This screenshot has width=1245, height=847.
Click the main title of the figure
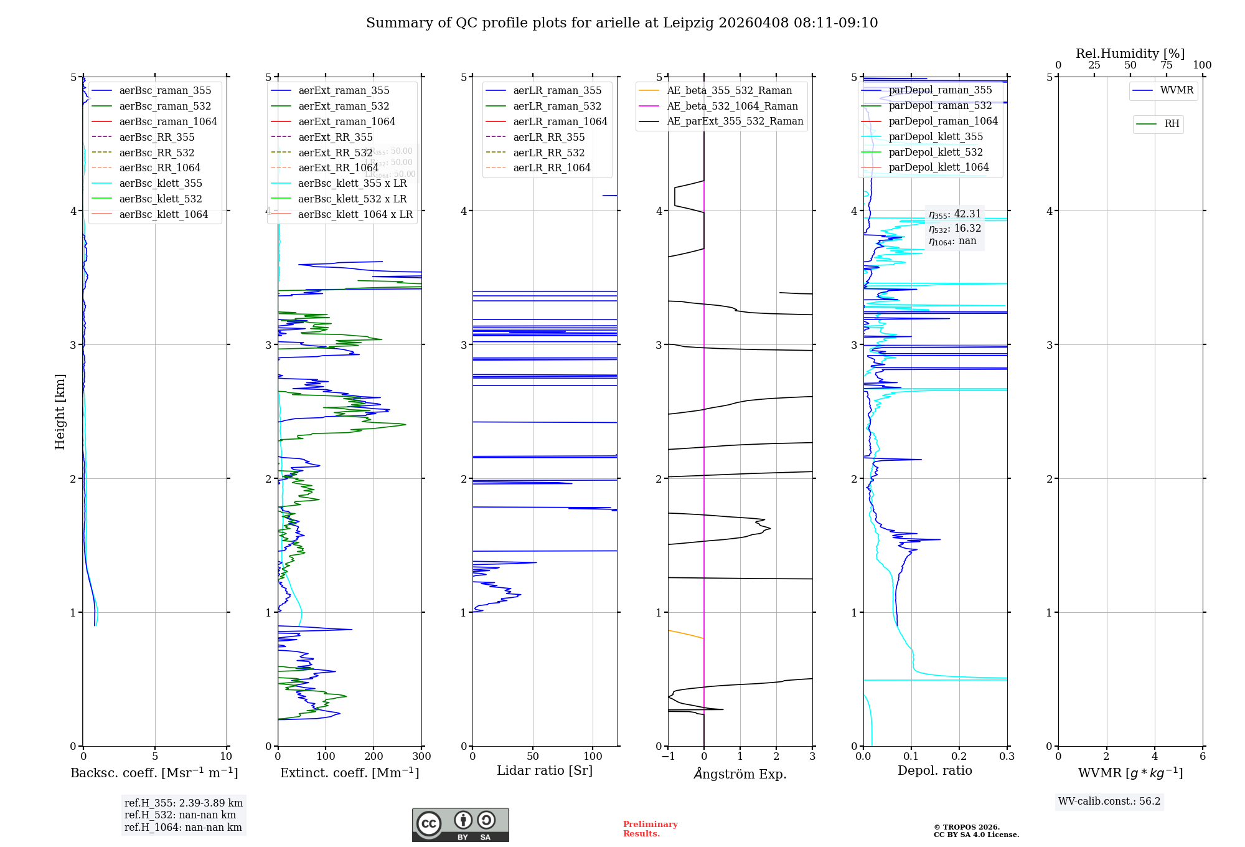pos(622,23)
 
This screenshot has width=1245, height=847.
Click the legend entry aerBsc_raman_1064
pos(168,121)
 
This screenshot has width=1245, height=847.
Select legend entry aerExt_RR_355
pos(335,137)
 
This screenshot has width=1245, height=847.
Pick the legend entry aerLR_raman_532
pos(557,106)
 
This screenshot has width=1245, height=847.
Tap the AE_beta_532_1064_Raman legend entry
pos(732,106)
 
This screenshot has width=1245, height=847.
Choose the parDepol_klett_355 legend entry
pos(936,136)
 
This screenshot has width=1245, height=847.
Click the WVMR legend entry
pos(1177,90)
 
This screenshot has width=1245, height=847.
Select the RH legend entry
pos(1172,124)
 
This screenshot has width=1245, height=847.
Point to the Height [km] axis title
pos(60,412)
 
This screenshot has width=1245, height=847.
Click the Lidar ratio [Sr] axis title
pos(545,770)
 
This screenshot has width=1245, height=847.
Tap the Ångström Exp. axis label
pos(740,774)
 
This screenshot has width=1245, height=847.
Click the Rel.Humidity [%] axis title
pos(1130,54)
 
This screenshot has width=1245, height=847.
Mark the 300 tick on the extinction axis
pos(421,757)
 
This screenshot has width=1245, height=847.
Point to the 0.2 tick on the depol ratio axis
pos(959,757)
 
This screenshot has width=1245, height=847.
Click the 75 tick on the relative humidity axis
pos(1166,65)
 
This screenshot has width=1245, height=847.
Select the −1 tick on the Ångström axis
pos(668,757)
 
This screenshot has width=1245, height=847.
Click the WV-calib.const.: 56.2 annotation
pos(1109,802)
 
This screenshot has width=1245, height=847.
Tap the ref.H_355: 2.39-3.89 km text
pos(184,803)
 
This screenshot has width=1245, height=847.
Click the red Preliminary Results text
pos(650,829)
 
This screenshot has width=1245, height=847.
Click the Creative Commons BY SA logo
pos(460,825)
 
